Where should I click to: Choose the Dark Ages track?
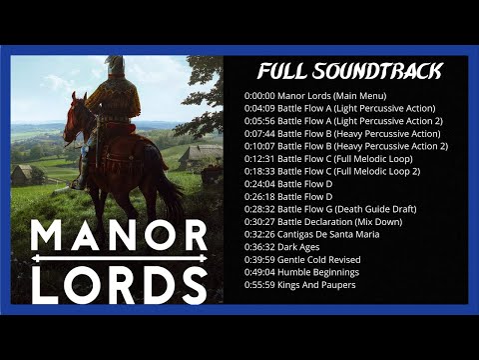point(299,247)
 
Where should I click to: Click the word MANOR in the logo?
point(118,237)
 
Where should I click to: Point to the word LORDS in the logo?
point(118,282)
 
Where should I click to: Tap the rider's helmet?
point(115,65)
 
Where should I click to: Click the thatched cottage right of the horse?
point(201,156)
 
